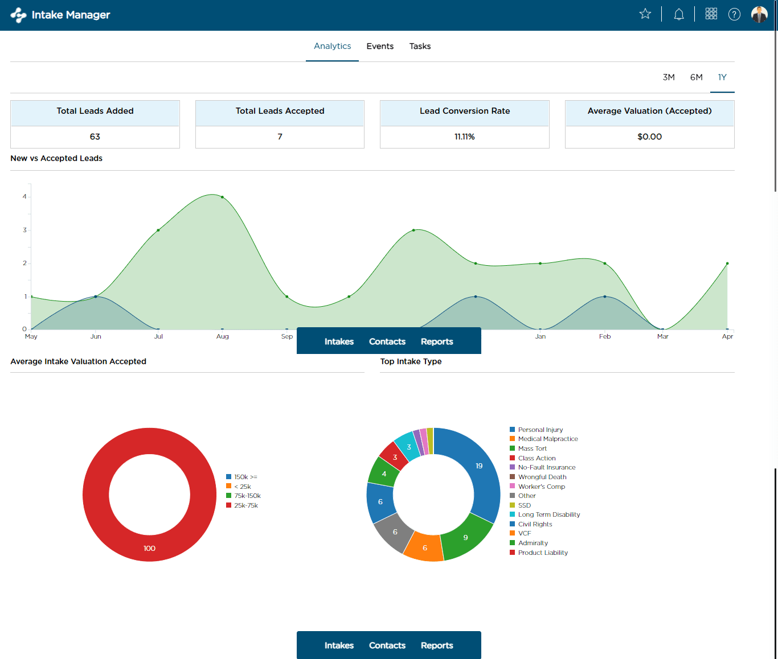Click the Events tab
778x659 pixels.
coord(380,46)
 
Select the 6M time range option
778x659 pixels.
coord(696,77)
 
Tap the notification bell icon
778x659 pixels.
coord(678,14)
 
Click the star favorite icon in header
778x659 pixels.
coord(645,14)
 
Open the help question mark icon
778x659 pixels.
coord(734,14)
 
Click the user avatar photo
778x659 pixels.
coord(759,14)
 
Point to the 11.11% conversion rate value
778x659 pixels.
coord(464,137)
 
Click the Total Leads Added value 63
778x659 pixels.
coord(95,137)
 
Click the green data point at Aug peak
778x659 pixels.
coord(222,197)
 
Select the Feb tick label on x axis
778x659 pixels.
coord(605,336)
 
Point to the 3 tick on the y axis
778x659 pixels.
coord(24,230)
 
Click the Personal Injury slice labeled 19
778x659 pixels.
coord(479,466)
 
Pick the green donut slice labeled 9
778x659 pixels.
coord(465,537)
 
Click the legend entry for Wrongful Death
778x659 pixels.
coord(542,477)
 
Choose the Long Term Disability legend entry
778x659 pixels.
coord(548,514)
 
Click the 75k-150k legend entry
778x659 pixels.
coord(247,496)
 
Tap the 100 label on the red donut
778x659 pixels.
coord(149,548)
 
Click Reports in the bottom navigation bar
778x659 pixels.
coord(437,645)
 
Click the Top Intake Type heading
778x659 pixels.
coord(411,361)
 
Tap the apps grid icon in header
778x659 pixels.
coord(711,14)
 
